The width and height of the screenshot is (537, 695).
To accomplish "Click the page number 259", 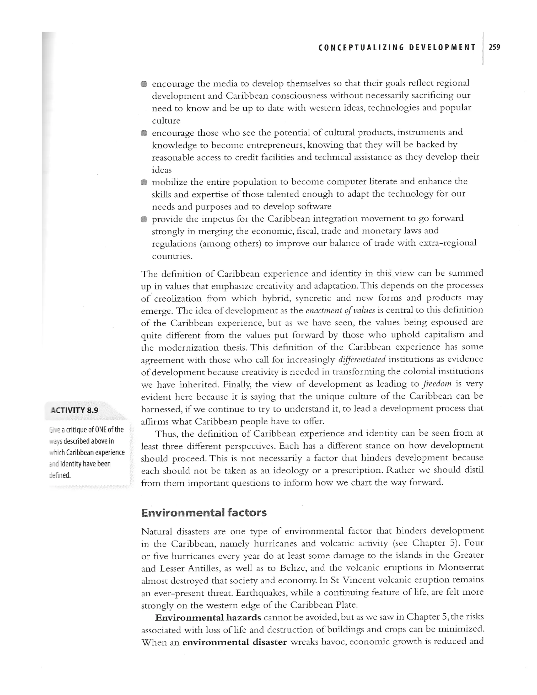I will [x=495, y=47].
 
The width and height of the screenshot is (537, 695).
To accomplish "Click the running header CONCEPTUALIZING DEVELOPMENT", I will [x=397, y=48].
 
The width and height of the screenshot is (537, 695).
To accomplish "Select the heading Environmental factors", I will [x=204, y=513].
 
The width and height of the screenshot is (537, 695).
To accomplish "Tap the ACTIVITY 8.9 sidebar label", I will [x=74, y=410].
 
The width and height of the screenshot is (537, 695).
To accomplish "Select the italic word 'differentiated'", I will [x=362, y=360].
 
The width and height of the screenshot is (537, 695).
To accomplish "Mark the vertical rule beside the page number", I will [x=483, y=48].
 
